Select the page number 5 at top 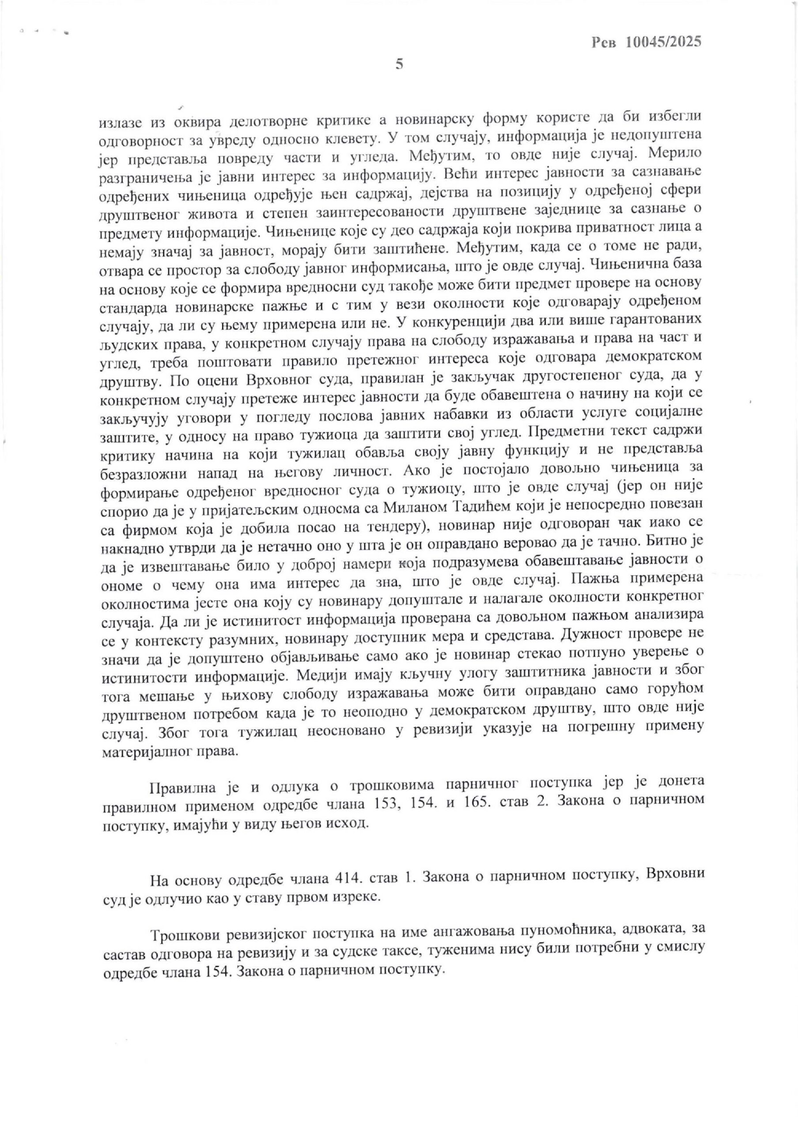(x=399, y=64)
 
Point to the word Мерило (x=674, y=154)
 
